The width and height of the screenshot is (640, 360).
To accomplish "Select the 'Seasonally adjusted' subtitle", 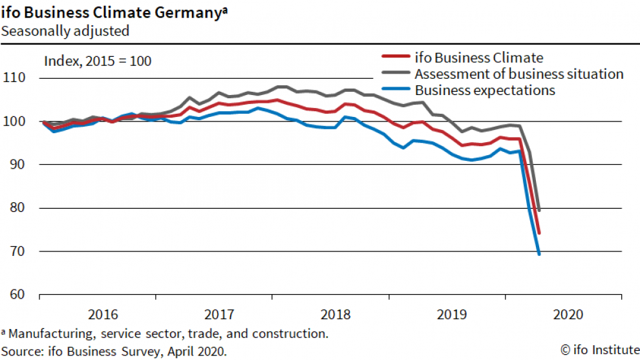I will pyautogui.click(x=65, y=30).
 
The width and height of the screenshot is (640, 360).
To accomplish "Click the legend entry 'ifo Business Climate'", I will pyautogui.click(x=478, y=58).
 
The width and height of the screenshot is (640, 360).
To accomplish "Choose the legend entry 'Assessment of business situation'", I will pyautogui.click(x=518, y=74).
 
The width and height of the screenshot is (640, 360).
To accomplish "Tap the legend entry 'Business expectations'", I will pyautogui.click(x=485, y=90).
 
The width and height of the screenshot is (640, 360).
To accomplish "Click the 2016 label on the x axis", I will pyautogui.click(x=103, y=315).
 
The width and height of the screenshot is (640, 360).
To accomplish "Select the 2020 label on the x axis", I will pyautogui.click(x=569, y=315).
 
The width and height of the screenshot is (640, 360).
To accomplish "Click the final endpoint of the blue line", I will pyautogui.click(x=539, y=253).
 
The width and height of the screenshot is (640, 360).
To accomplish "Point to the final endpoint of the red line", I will pyautogui.click(x=539, y=233).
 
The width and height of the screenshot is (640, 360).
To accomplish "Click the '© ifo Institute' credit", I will pyautogui.click(x=599, y=350).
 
